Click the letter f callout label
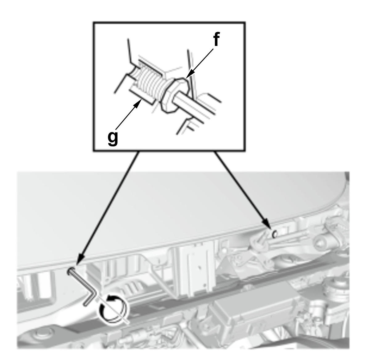click(x=216, y=39)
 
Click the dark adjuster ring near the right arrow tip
click(x=275, y=234)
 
